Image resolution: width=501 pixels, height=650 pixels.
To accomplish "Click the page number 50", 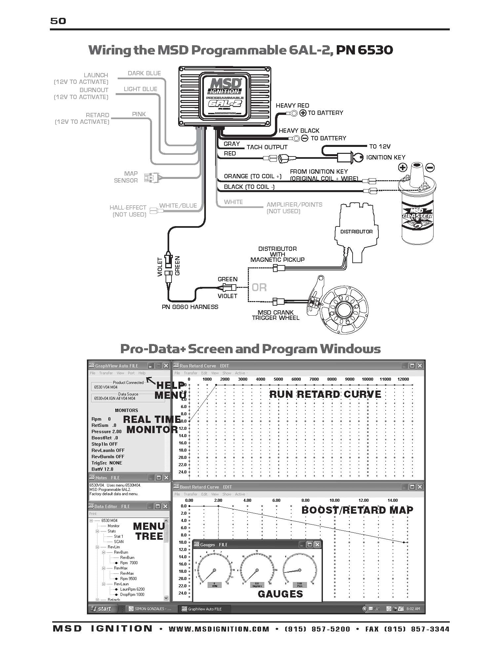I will [x=58, y=21].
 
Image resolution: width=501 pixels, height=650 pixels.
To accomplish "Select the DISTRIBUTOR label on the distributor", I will [x=356, y=232].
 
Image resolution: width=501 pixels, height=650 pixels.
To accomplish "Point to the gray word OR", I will [x=259, y=287].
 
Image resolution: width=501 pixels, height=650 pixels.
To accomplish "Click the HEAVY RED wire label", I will [x=292, y=106].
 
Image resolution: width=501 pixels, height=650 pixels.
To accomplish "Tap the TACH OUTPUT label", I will [x=267, y=147].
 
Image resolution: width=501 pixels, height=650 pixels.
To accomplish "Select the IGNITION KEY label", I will [x=386, y=157].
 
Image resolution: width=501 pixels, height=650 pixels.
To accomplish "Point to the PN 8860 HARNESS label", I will [x=190, y=307].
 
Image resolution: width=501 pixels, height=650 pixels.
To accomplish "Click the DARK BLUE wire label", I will [x=144, y=73].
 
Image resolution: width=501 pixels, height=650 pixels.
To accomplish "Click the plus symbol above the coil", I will [x=402, y=167].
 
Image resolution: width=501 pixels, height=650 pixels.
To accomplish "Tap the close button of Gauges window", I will [x=317, y=545].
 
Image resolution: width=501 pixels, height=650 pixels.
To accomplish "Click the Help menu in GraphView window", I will [x=142, y=373].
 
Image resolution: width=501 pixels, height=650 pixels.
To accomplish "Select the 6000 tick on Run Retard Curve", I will [x=296, y=379].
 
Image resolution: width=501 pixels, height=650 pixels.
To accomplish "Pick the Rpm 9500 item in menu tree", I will [x=128, y=579].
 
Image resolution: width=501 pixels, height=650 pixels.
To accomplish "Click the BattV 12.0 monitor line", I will [x=102, y=469].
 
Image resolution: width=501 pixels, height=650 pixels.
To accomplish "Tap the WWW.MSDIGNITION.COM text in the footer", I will [x=219, y=629].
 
